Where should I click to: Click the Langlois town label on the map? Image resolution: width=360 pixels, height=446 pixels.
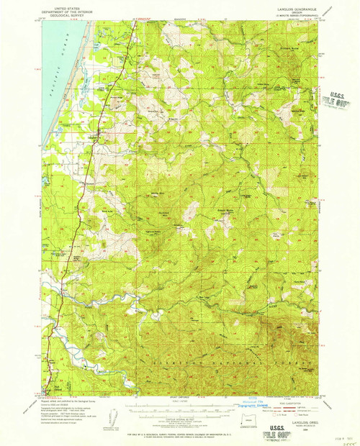coord(94,137)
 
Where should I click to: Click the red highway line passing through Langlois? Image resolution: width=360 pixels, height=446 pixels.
coord(89,144)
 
